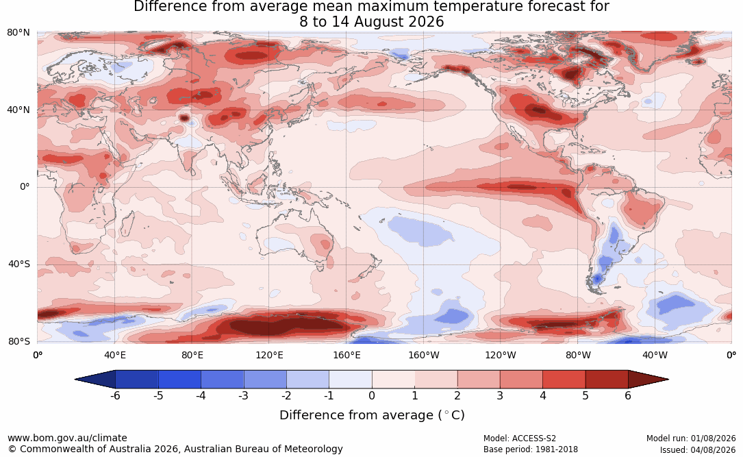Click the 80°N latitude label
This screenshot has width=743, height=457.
point(18,33)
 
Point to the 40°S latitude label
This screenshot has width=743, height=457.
point(19,264)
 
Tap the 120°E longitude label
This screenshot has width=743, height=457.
point(269,355)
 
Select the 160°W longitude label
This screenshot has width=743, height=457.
point(424,355)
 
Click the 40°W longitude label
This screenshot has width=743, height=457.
point(655,355)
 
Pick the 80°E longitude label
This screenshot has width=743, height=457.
point(192,355)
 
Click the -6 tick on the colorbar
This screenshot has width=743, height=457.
point(115,395)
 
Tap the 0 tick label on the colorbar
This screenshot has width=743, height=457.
point(372,395)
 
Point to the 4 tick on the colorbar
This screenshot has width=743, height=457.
point(543,395)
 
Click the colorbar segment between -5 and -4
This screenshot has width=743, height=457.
point(179,380)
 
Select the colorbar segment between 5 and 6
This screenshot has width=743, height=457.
point(607,380)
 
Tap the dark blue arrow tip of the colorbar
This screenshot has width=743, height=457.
point(76,380)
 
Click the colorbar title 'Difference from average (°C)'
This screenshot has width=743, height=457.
point(372,415)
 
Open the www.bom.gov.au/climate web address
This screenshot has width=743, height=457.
point(67,438)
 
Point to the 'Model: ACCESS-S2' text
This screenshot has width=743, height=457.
point(520,439)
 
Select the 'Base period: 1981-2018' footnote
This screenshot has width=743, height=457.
point(531,449)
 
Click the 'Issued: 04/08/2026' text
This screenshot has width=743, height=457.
point(698,449)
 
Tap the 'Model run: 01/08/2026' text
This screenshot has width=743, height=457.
point(691,439)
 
